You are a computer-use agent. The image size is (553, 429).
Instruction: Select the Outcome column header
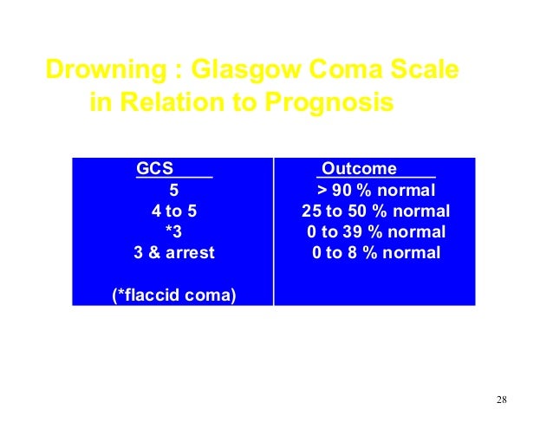[359, 168]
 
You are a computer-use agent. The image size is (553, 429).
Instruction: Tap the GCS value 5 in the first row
[172, 189]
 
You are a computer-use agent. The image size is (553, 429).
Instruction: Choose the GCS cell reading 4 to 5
[172, 211]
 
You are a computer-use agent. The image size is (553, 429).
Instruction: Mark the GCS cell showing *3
[172, 231]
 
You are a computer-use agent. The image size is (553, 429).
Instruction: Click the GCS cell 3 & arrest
[173, 253]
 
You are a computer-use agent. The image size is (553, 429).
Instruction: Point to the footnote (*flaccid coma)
[174, 296]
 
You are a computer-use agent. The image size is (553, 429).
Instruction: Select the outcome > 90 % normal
[375, 189]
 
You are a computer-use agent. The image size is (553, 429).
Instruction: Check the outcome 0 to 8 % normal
[375, 253]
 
